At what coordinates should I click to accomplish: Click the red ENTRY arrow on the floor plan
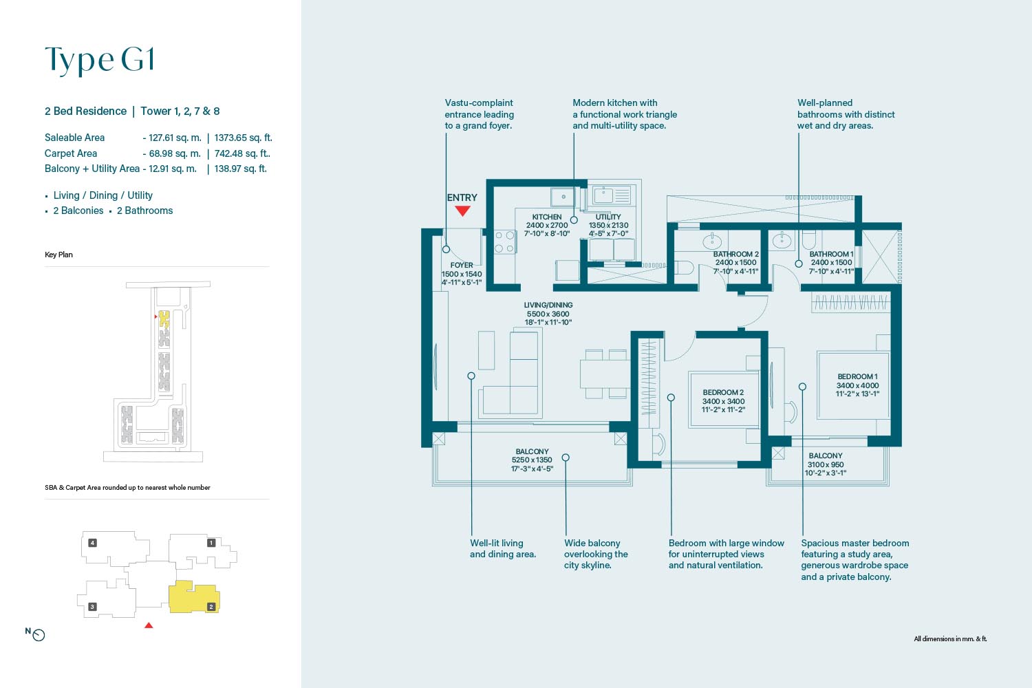462,211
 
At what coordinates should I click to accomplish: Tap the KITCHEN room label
547,217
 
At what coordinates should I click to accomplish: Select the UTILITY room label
608,217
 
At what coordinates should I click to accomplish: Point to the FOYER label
462,266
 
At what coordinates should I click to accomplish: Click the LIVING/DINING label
548,305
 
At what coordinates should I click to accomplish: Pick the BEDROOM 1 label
857,376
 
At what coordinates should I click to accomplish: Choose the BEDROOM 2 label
723,393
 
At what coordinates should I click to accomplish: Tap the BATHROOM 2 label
735,255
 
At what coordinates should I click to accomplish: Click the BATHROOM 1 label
832,255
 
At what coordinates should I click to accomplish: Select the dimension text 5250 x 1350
532,460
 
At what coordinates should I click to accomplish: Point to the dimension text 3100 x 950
825,464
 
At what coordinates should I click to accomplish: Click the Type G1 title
100,60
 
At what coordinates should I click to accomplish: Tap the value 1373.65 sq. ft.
244,138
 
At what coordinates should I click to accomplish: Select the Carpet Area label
71,153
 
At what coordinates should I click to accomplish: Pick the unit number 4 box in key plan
93,543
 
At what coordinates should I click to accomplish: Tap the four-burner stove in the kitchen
504,242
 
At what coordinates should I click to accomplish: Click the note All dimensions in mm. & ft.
950,638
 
